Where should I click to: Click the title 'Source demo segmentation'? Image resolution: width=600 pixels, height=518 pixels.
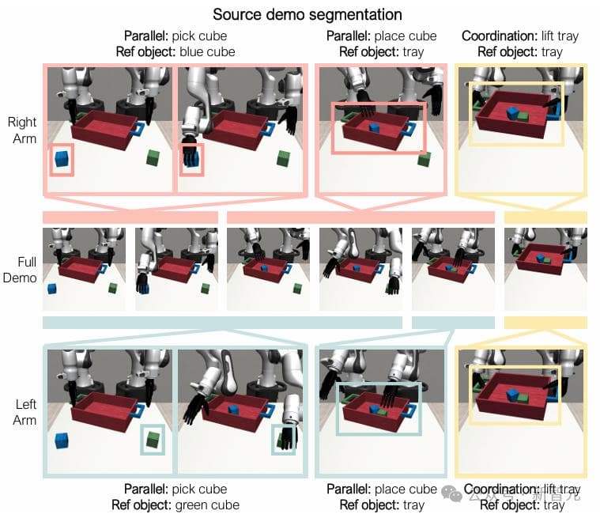click(308, 14)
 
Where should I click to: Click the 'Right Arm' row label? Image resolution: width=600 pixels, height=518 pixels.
click(22, 130)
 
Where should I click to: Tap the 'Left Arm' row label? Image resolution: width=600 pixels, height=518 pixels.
click(25, 412)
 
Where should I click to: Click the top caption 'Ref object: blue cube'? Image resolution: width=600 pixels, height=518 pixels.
click(175, 51)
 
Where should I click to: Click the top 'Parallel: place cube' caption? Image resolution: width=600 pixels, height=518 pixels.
click(381, 36)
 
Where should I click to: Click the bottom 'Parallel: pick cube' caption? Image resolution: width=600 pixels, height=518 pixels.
click(175, 490)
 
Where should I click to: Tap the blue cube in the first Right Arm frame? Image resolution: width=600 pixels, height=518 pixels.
click(62, 160)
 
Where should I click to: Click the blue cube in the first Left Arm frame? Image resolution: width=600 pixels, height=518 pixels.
click(62, 441)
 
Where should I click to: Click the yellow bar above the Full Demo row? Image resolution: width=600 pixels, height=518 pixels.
click(545, 217)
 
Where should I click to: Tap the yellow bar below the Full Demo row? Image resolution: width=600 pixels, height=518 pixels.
click(545, 322)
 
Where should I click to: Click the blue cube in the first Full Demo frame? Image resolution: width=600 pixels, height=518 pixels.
click(52, 288)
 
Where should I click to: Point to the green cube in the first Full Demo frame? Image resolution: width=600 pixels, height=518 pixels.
click(112, 287)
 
